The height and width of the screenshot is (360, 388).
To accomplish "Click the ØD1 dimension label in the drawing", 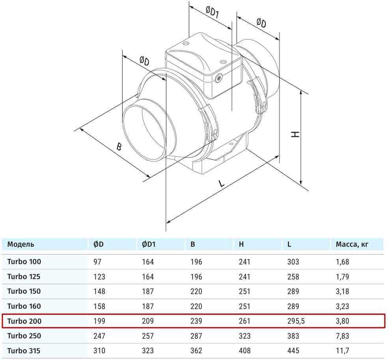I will pyautogui.click(x=212, y=14).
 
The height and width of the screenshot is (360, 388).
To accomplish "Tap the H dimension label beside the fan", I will pyautogui.click(x=295, y=134).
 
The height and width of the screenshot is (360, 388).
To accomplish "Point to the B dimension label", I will pyautogui.click(x=119, y=147).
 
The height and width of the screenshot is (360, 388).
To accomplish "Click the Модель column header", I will pyautogui.click(x=21, y=244).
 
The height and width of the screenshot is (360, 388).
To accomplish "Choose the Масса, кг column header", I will pyautogui.click(x=352, y=244).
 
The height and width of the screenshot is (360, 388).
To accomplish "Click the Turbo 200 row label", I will pyautogui.click(x=24, y=321).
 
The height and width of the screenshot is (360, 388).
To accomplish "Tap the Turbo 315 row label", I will pyautogui.click(x=24, y=350).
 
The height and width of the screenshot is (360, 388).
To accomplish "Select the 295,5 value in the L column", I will pyautogui.click(x=297, y=321).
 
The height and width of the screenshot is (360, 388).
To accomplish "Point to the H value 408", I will pyautogui.click(x=244, y=350).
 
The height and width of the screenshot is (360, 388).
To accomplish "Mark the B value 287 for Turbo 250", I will pyautogui.click(x=196, y=336).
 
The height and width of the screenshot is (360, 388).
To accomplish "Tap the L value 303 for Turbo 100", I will pyautogui.click(x=293, y=261).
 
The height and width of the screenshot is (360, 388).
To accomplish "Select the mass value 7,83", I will pyautogui.click(x=342, y=336).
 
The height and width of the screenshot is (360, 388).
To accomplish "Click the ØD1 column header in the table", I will pyautogui.click(x=149, y=244).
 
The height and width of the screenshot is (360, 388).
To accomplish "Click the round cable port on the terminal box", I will pyautogui.click(x=219, y=78).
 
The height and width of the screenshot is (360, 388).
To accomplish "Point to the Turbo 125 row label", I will pyautogui.click(x=24, y=276).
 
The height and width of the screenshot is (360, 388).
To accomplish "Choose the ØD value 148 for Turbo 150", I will pyautogui.click(x=99, y=291).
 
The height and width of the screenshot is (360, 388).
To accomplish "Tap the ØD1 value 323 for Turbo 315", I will pyautogui.click(x=148, y=350).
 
